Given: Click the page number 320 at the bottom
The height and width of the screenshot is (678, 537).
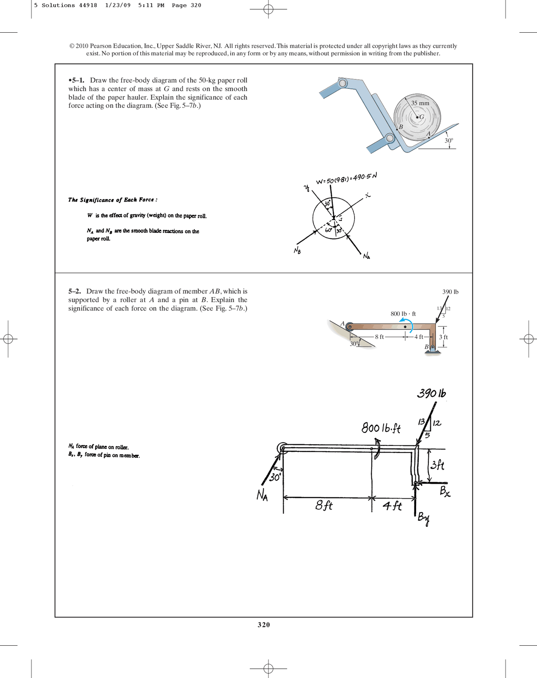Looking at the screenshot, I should pyautogui.click(x=263, y=624).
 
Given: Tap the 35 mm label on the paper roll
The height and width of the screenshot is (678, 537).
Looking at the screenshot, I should pyautogui.click(x=420, y=103).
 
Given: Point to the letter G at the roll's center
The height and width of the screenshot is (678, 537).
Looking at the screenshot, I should pyautogui.click(x=422, y=117).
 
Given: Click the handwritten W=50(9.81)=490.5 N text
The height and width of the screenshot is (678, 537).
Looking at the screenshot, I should pyautogui.click(x=346, y=179).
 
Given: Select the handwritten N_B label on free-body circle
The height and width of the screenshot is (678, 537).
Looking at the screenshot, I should pyautogui.click(x=297, y=251).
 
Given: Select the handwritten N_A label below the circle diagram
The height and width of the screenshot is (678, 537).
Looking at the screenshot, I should pyautogui.click(x=366, y=256).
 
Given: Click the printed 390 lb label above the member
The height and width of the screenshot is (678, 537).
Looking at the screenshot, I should pyautogui.click(x=450, y=292).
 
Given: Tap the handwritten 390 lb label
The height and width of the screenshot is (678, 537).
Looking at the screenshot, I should pyautogui.click(x=431, y=393).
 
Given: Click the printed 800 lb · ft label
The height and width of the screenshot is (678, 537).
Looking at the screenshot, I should pyautogui.click(x=403, y=313).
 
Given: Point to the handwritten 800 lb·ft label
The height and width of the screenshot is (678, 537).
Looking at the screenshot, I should pyautogui.click(x=381, y=428).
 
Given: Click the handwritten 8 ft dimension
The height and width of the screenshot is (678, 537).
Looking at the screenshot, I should pyautogui.click(x=324, y=505).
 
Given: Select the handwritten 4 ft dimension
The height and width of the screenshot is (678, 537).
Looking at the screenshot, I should pyautogui.click(x=392, y=506).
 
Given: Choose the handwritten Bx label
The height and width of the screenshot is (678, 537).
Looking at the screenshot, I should pyautogui.click(x=445, y=491).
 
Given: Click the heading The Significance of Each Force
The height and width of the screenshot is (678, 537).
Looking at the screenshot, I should pyautogui.click(x=112, y=200).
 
